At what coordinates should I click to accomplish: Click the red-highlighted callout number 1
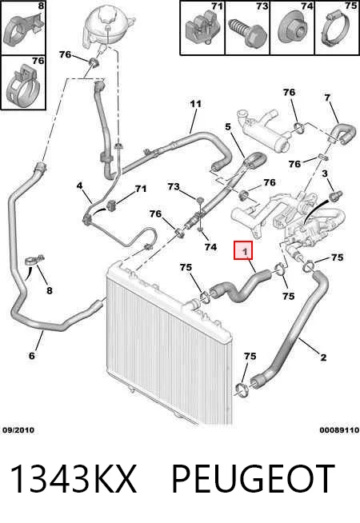[243, 250]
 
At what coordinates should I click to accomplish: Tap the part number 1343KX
[74, 479]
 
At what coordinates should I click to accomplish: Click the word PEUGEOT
[253, 479]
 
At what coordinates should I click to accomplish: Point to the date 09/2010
[18, 430]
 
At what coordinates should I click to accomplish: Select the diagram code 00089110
[339, 430]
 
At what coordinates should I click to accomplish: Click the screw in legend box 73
[247, 33]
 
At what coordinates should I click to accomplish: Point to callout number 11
[195, 104]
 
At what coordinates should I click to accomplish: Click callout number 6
[32, 356]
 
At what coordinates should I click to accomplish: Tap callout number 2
[323, 357]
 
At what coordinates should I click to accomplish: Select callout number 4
[79, 186]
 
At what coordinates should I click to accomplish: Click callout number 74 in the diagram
[210, 247]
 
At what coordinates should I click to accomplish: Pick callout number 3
[325, 174]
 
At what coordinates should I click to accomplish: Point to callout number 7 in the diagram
[327, 98]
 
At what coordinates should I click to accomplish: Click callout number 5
[228, 126]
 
